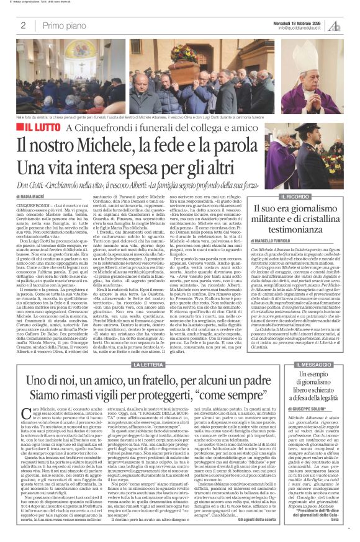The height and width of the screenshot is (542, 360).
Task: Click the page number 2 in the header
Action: (x=23, y=25)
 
